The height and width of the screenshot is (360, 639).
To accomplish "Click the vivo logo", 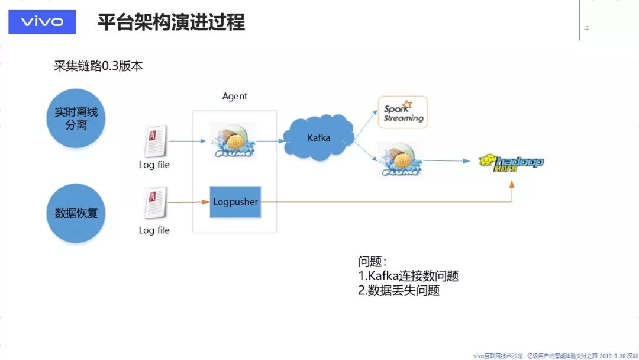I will (x=42, y=22).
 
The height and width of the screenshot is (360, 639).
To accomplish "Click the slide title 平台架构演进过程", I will (x=171, y=22).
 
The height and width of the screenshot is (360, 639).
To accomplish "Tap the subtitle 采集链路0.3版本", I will (x=98, y=66).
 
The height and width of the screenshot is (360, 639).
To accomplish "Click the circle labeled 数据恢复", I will (x=76, y=213).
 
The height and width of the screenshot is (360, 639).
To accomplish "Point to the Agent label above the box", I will (x=235, y=96).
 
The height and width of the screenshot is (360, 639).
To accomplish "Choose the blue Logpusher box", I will (x=235, y=202).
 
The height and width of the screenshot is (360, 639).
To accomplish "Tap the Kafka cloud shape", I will (x=318, y=137).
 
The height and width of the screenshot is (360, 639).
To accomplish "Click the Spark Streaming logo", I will (x=403, y=112).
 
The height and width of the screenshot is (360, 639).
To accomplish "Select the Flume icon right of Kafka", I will (x=402, y=159).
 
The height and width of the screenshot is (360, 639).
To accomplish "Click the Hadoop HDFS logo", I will (x=511, y=162).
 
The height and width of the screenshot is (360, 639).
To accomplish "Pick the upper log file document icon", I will (x=155, y=141).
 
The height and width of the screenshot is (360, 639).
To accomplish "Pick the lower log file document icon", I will (x=155, y=202).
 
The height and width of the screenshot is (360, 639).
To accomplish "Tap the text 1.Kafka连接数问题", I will (x=408, y=276).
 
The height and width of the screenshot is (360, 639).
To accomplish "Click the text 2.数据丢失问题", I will (x=399, y=291).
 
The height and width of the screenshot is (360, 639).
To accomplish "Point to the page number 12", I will (x=586, y=28).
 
